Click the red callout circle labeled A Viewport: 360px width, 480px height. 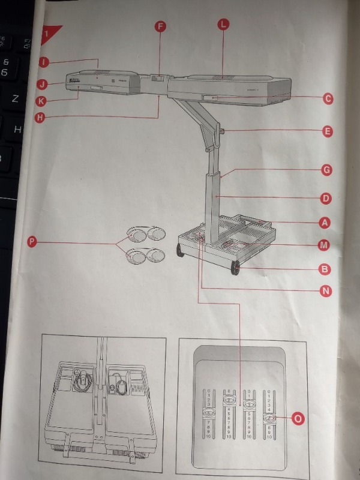click(325, 223)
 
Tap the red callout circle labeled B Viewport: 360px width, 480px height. click(325, 269)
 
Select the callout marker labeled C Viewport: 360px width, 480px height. click(327, 98)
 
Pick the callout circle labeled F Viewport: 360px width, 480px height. click(160, 26)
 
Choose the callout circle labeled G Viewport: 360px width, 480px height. click(326, 170)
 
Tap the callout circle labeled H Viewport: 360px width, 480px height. click(40, 117)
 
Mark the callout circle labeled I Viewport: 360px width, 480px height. click(44, 61)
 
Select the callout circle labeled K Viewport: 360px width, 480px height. click(41, 101)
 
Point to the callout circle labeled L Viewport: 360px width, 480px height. click(223, 25)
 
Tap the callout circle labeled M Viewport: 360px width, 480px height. click(324, 245)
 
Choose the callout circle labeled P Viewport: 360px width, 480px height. click(32, 242)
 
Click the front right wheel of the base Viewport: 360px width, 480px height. click(235, 268)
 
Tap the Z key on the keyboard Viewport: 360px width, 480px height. click(16, 98)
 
